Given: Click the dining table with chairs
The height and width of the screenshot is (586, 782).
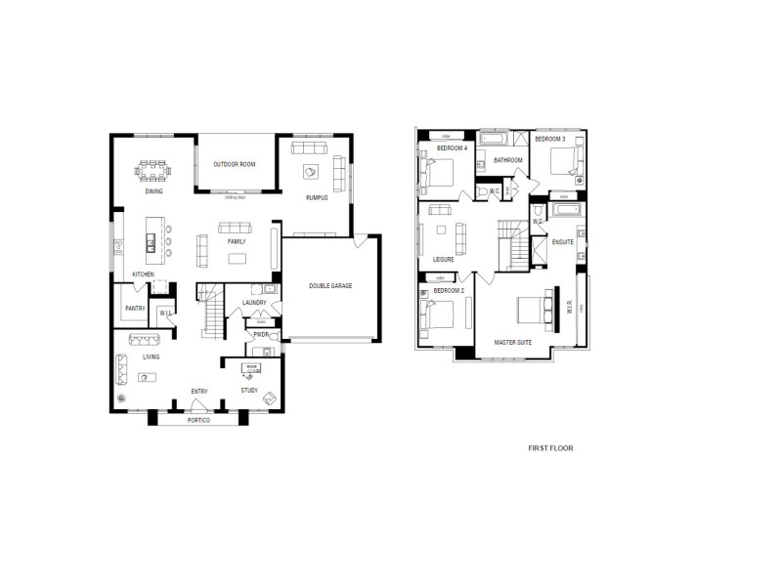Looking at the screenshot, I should pyautogui.click(x=153, y=171).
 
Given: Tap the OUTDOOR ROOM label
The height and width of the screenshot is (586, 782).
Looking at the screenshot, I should pyautogui.click(x=235, y=164).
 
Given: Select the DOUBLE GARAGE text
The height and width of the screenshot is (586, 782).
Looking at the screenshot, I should pyautogui.click(x=330, y=286).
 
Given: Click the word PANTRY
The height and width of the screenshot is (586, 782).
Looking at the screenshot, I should pyautogui.click(x=134, y=309).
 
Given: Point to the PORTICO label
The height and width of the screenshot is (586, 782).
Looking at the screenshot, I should pyautogui.click(x=198, y=420).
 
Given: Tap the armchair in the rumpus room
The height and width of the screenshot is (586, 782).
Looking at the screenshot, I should pyautogui.click(x=311, y=172).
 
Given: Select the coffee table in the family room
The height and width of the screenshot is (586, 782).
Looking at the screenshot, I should pyautogui.click(x=238, y=258).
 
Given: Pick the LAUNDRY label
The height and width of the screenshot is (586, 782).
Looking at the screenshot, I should pyautogui.click(x=254, y=303).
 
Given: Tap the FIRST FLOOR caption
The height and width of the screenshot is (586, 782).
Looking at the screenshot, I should pyautogui.click(x=549, y=448).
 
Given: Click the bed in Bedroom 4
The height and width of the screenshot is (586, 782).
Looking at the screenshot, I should pyautogui.click(x=436, y=174).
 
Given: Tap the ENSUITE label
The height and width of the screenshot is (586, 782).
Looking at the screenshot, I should pyautogui.click(x=562, y=241).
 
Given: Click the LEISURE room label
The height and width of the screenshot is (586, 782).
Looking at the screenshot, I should pyautogui.click(x=443, y=260).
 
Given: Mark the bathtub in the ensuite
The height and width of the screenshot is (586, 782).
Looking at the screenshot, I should pyautogui.click(x=565, y=210).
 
